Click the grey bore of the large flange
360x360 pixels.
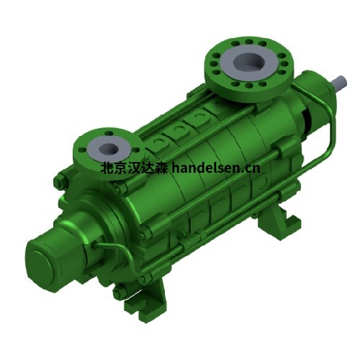point(249,61)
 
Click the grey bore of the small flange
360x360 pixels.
point(109,149)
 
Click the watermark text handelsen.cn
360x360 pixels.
point(216,168)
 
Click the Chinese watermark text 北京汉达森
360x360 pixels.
point(134,168)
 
